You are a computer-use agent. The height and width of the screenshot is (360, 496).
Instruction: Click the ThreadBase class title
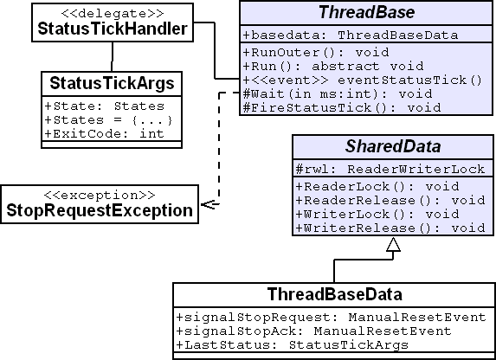pos(366,12)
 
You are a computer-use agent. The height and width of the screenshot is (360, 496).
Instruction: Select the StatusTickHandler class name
pos(113,29)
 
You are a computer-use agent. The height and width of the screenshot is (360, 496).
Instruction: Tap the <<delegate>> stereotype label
pos(113,13)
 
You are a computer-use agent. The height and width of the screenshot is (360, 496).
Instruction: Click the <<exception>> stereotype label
pos(100,195)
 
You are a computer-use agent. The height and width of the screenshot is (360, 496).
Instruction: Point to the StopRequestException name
pos(100,210)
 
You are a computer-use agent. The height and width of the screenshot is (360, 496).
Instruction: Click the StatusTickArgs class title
pos(112,83)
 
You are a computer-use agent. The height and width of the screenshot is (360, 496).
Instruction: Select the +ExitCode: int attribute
pos(105,134)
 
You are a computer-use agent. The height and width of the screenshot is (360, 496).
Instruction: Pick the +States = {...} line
pos(108,120)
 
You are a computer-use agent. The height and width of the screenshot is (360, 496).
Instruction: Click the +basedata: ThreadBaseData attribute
pos(351,35)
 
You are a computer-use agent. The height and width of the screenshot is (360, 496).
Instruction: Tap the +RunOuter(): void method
pos(316,52)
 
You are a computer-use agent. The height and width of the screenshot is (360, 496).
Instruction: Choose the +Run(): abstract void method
pos(332,66)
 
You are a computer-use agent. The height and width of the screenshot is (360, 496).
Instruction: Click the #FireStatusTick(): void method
pos(342,108)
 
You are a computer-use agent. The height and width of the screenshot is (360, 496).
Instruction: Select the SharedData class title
pos(393,146)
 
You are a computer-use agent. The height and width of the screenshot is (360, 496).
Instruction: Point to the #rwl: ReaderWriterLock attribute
pos(390,170)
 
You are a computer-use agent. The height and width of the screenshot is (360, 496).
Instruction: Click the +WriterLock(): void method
pos(377,214)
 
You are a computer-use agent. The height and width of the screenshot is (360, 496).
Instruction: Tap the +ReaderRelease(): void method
pos(390,200)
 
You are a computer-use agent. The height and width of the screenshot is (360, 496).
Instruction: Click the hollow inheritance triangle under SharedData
pos(393,245)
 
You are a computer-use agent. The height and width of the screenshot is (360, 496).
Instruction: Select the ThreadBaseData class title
pos(335,294)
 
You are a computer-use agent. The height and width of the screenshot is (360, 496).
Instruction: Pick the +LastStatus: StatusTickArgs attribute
pos(292,344)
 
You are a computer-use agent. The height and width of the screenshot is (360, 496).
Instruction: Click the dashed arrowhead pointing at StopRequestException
pos(209,205)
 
